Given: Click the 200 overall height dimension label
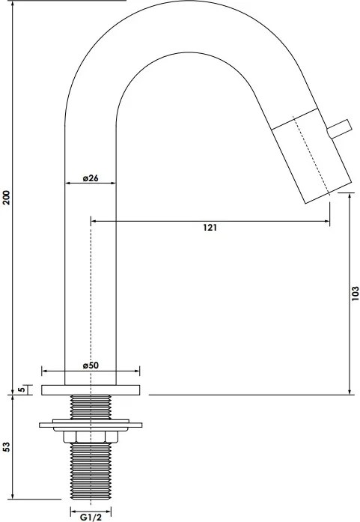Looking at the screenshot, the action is click(7, 198).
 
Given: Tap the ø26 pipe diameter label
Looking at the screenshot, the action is click(91, 178).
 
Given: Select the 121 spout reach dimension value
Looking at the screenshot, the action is click(210, 228).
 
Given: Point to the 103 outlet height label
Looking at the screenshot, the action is click(356, 294).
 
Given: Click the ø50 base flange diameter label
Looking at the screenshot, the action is click(91, 365).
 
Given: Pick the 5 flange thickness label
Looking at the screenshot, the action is click(21, 389).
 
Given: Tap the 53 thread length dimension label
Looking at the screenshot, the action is click(7, 447).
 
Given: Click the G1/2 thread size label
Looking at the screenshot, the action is click(91, 518).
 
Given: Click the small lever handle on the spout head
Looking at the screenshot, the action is click(339, 129).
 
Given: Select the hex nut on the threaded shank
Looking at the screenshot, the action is click(91, 437).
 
